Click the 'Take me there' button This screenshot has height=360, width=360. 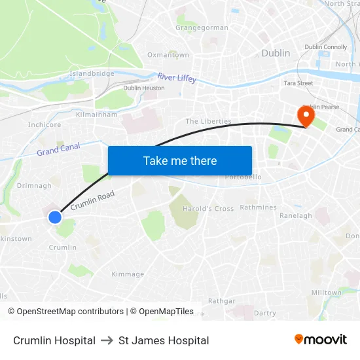[180, 160]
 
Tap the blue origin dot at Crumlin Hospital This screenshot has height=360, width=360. [55, 217]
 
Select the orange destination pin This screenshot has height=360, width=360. [306, 117]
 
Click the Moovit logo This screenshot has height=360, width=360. [321, 340]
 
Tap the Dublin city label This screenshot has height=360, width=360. [276, 53]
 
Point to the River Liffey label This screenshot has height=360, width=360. [177, 78]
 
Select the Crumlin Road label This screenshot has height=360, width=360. [92, 200]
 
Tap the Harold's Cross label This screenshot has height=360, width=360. [208, 209]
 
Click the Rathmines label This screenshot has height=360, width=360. [258, 207]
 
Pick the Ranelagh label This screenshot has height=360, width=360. [296, 215]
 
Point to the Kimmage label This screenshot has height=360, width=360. [128, 274]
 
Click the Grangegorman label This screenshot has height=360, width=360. [202, 28]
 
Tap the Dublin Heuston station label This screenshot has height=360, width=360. [144, 88]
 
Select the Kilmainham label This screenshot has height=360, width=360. [96, 115]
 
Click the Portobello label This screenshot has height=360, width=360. [243, 177]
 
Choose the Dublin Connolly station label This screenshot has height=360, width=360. [326, 47]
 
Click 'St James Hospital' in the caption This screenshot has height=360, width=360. [164, 340]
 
